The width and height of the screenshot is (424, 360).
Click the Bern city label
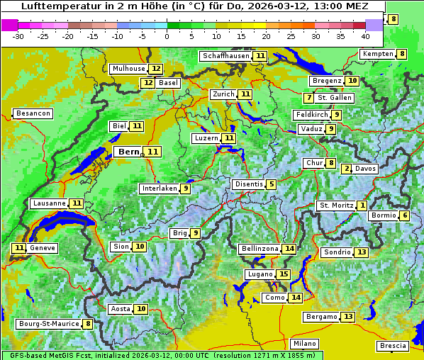click(128, 152)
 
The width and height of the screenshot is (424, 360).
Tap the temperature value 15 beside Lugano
click(284, 274)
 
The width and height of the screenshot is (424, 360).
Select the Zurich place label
click(223, 94)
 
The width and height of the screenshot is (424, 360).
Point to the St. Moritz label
click(335, 206)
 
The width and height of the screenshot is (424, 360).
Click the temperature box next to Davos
click(346, 169)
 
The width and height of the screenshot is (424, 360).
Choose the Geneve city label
click(42, 248)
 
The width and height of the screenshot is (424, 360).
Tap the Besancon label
click(33, 113)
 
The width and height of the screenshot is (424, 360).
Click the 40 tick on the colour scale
click(365, 36)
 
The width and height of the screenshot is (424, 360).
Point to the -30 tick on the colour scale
click(18, 36)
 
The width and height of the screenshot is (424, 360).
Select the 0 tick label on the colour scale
click(167, 36)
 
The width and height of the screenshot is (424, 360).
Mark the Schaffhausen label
click(226, 56)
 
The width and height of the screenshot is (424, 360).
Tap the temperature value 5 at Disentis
click(272, 184)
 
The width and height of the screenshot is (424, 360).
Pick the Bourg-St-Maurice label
click(48, 324)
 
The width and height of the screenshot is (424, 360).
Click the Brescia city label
click(393, 345)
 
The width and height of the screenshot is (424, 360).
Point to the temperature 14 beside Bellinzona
click(289, 249)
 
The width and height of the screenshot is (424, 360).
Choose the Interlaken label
click(159, 189)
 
